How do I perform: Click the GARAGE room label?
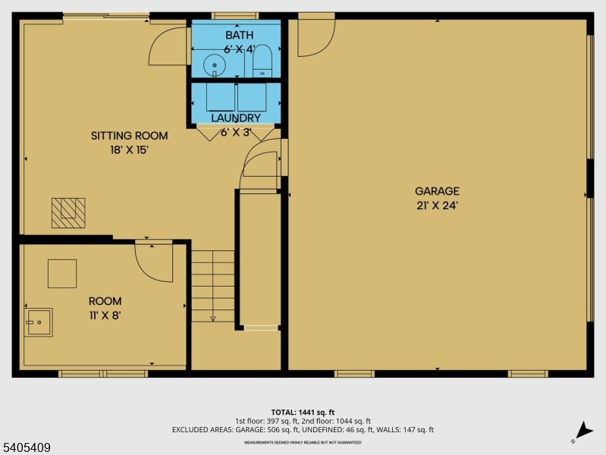point(437,191)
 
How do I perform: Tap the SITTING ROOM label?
point(129,136)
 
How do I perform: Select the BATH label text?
point(240,35)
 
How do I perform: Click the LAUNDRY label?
point(236,118)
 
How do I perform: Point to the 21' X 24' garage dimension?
point(437,206)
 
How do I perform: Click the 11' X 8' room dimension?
point(105,315)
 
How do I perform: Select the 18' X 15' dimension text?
point(129,149)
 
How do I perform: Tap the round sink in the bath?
point(216,66)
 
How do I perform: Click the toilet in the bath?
point(262,62)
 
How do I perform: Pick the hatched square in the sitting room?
point(68,213)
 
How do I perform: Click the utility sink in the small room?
point(38,322)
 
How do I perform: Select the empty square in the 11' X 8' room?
point(62,273)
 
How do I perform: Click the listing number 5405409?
point(27,447)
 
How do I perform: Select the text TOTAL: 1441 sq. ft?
point(303,411)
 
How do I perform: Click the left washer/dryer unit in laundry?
point(220,97)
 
